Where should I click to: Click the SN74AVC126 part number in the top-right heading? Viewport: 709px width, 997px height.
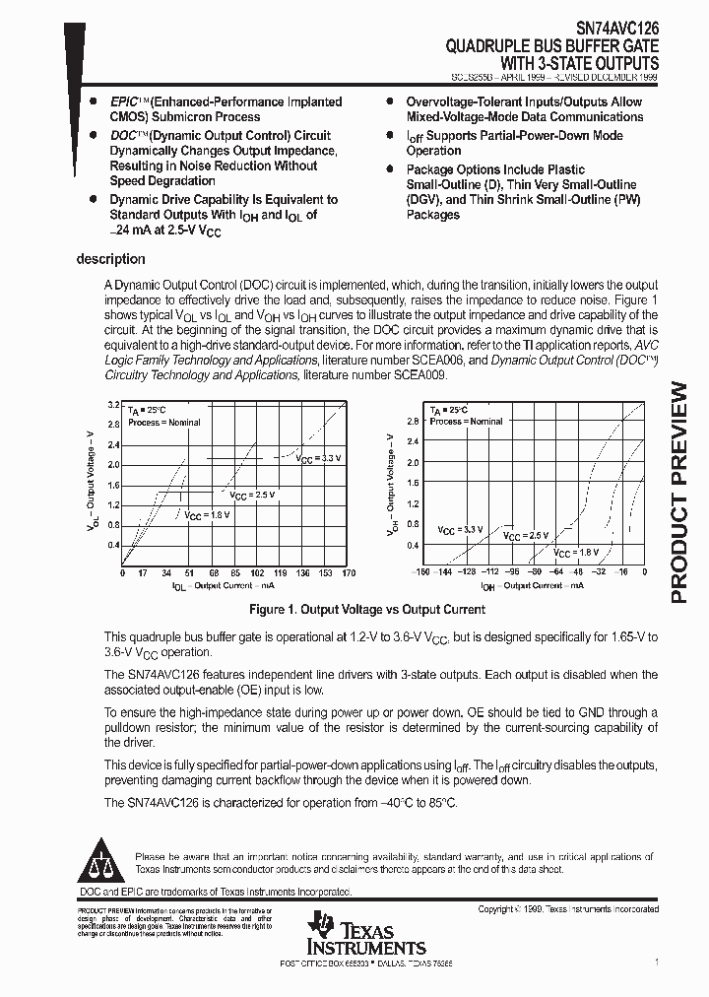(x=611, y=31)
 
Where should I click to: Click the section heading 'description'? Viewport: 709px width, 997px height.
(x=110, y=259)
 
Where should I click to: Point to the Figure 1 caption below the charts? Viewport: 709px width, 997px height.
(x=367, y=610)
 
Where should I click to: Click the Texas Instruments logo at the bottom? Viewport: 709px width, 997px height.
(x=365, y=933)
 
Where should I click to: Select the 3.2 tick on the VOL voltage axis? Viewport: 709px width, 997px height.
(x=113, y=405)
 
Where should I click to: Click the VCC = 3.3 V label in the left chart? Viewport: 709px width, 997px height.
(x=318, y=458)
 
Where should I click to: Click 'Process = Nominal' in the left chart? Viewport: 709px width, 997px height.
(x=163, y=423)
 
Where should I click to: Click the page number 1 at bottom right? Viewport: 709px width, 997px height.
(x=656, y=962)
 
